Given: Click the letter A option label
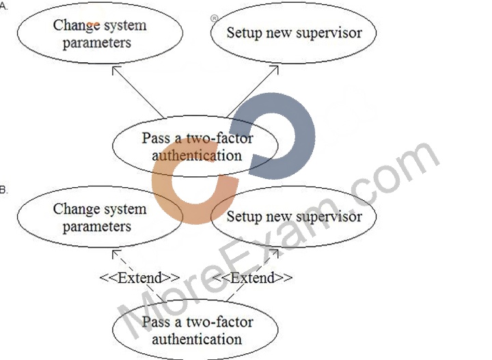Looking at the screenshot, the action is coord(3,6).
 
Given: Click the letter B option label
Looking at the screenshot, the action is coord(3,190).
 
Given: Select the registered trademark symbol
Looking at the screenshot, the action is coord(214,18).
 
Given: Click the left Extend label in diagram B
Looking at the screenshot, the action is coord(140,278).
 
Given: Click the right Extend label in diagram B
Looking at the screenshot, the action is coord(253,278).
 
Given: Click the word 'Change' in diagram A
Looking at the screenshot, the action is coord(77,26).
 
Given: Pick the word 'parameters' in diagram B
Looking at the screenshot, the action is coord(97,227).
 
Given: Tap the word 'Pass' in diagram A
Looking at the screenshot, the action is coord(155,138).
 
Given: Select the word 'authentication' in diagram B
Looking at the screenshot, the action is coord(197,340).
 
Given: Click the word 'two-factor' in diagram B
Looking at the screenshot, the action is coord(219,322).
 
